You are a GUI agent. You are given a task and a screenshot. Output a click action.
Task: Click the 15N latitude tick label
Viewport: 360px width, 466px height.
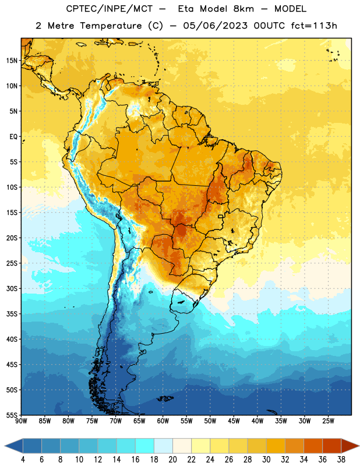pos(12,61)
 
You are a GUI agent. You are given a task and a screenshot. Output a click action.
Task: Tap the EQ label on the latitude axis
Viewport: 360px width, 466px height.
pos(13,137)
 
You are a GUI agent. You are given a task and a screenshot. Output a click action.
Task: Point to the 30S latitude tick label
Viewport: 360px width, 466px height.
pos(12,288)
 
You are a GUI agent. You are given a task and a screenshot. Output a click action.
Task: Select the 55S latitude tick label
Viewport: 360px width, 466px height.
pos(12,415)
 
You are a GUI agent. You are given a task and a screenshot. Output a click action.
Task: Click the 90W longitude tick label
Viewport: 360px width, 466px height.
pos(21,421)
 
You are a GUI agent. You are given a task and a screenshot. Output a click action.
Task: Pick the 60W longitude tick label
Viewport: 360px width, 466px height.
pos(163,421)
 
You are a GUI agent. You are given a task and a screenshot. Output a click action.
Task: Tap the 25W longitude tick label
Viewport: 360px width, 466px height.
pos(328,421)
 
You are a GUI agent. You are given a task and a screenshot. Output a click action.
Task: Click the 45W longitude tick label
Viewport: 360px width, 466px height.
pos(234,421)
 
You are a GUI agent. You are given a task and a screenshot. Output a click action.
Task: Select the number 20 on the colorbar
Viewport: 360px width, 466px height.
pos(172,460)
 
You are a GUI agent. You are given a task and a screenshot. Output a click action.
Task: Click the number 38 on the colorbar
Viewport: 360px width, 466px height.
pos(341,460)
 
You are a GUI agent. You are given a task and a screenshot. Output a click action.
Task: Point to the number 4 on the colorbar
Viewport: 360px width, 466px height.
pos(23,460)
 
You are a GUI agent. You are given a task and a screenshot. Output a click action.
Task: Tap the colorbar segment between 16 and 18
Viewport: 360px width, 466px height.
pos(145,446)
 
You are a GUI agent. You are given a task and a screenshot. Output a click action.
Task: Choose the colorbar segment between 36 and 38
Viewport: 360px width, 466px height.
pos(332,446)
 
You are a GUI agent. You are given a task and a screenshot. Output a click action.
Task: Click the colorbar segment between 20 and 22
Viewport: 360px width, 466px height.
pos(182,446)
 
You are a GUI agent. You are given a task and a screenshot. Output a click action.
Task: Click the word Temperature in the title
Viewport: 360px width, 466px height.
pos(111,26)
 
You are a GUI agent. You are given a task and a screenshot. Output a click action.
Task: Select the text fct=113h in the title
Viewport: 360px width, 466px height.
pos(314,26)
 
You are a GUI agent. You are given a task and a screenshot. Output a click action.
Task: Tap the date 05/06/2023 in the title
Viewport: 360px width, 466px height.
pos(215,26)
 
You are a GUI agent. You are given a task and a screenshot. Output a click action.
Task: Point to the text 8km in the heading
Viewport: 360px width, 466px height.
pos(243,9)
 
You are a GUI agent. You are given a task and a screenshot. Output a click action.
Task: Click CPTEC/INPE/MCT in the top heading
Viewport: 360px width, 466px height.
pos(110,9)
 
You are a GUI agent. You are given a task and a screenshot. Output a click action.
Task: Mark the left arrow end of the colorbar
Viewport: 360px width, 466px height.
pos(5,446)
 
